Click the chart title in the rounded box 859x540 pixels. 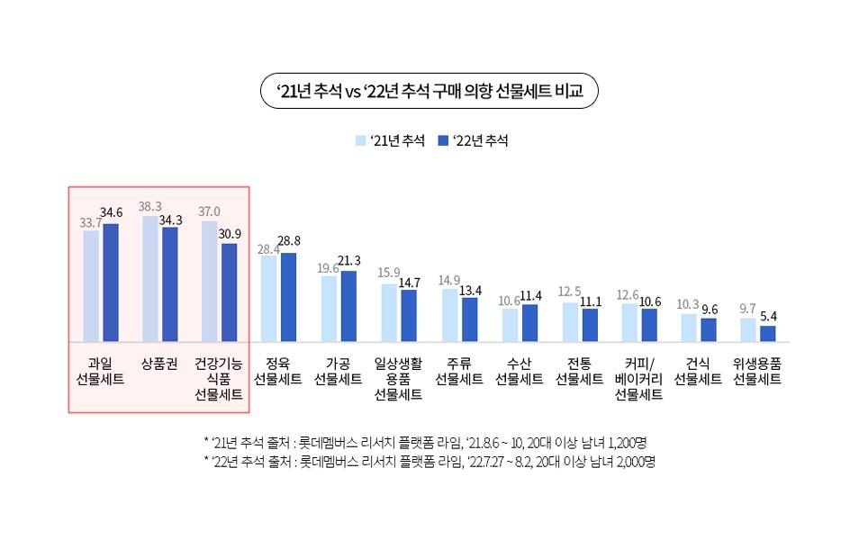click(x=429, y=91)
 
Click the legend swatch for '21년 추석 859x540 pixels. click(x=361, y=140)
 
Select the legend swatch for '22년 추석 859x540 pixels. click(x=442, y=140)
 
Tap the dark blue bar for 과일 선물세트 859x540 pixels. click(x=111, y=283)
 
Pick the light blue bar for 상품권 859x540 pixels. click(x=149, y=279)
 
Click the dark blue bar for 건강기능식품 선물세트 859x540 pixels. click(x=229, y=292)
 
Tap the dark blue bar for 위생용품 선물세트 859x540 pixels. click(x=767, y=334)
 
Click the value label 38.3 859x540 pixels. click(x=149, y=206)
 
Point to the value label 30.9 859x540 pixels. click(x=230, y=234)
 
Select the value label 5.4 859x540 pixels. click(x=769, y=317)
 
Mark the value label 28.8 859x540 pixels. click(x=290, y=241)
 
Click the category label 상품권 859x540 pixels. click(x=158, y=364)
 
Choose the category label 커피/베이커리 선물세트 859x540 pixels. click(x=638, y=379)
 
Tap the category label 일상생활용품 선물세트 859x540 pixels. click(x=398, y=379)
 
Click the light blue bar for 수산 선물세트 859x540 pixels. click(x=510, y=325)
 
